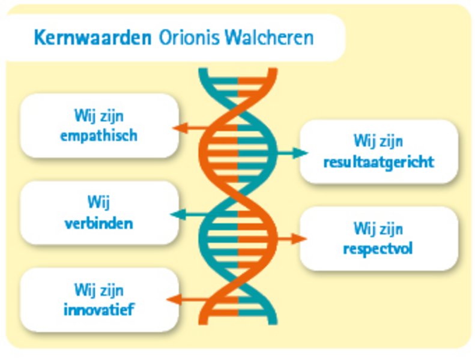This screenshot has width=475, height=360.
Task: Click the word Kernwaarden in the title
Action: [x=92, y=38]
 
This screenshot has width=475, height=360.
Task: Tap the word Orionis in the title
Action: [x=189, y=38]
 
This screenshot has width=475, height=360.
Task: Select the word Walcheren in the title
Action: [x=269, y=38]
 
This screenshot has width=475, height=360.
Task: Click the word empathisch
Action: [x=98, y=136]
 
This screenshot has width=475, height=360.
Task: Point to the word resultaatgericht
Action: [x=379, y=162]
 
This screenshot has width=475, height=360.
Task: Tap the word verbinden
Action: [x=98, y=224]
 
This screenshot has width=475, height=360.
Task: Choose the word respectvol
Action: [x=378, y=249]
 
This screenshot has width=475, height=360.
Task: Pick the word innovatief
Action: [x=98, y=310]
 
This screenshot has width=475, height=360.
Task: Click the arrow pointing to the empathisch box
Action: [x=191, y=128]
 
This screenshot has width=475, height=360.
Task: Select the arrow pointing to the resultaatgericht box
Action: [x=292, y=153]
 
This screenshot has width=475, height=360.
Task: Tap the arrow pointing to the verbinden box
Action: [x=190, y=215]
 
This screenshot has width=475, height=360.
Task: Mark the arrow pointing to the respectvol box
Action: [x=291, y=239]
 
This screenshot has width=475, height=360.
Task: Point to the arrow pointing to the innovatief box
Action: [x=188, y=300]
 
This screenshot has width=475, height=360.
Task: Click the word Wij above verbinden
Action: [x=98, y=202]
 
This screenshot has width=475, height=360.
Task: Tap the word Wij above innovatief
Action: [x=85, y=290]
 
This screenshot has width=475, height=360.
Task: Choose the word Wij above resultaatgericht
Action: [x=365, y=142]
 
